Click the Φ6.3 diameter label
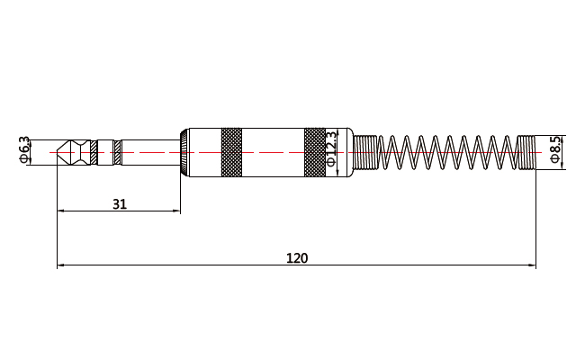pos(24,149)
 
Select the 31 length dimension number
pos(119,204)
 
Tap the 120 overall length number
pos(296,258)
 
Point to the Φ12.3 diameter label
pos(330,150)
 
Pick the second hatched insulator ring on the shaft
pos(117,151)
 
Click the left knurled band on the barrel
pos(231,151)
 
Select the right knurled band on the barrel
pos(314,151)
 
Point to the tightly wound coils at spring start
pos(365,151)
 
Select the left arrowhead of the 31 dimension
pos(61,211)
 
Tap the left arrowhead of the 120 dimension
pos(61,265)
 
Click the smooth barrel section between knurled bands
pos(274,151)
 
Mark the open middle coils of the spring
pos(445,151)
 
